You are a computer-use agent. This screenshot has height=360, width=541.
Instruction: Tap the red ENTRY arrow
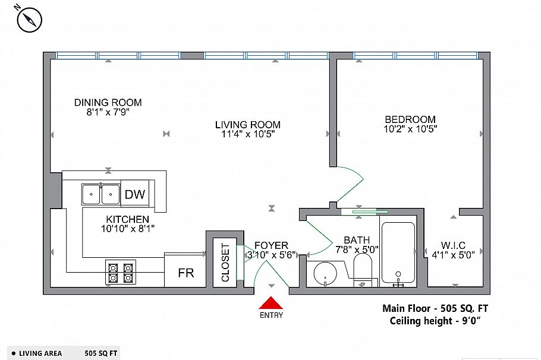[271, 304]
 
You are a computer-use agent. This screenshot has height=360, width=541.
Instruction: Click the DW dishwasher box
[134, 194]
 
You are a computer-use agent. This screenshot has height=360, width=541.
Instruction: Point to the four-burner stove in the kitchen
[120, 273]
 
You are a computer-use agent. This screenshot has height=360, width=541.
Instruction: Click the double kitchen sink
[100, 194]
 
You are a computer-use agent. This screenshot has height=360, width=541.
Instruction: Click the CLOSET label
[225, 262]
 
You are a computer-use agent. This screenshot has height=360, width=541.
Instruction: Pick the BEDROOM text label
[410, 119]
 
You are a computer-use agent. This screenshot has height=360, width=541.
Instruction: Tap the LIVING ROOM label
[247, 125]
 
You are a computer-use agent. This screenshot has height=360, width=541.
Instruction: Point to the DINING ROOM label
[108, 103]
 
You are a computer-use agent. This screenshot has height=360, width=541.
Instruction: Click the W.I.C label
[453, 245]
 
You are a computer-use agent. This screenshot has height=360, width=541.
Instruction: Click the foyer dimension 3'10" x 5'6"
[271, 255]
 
